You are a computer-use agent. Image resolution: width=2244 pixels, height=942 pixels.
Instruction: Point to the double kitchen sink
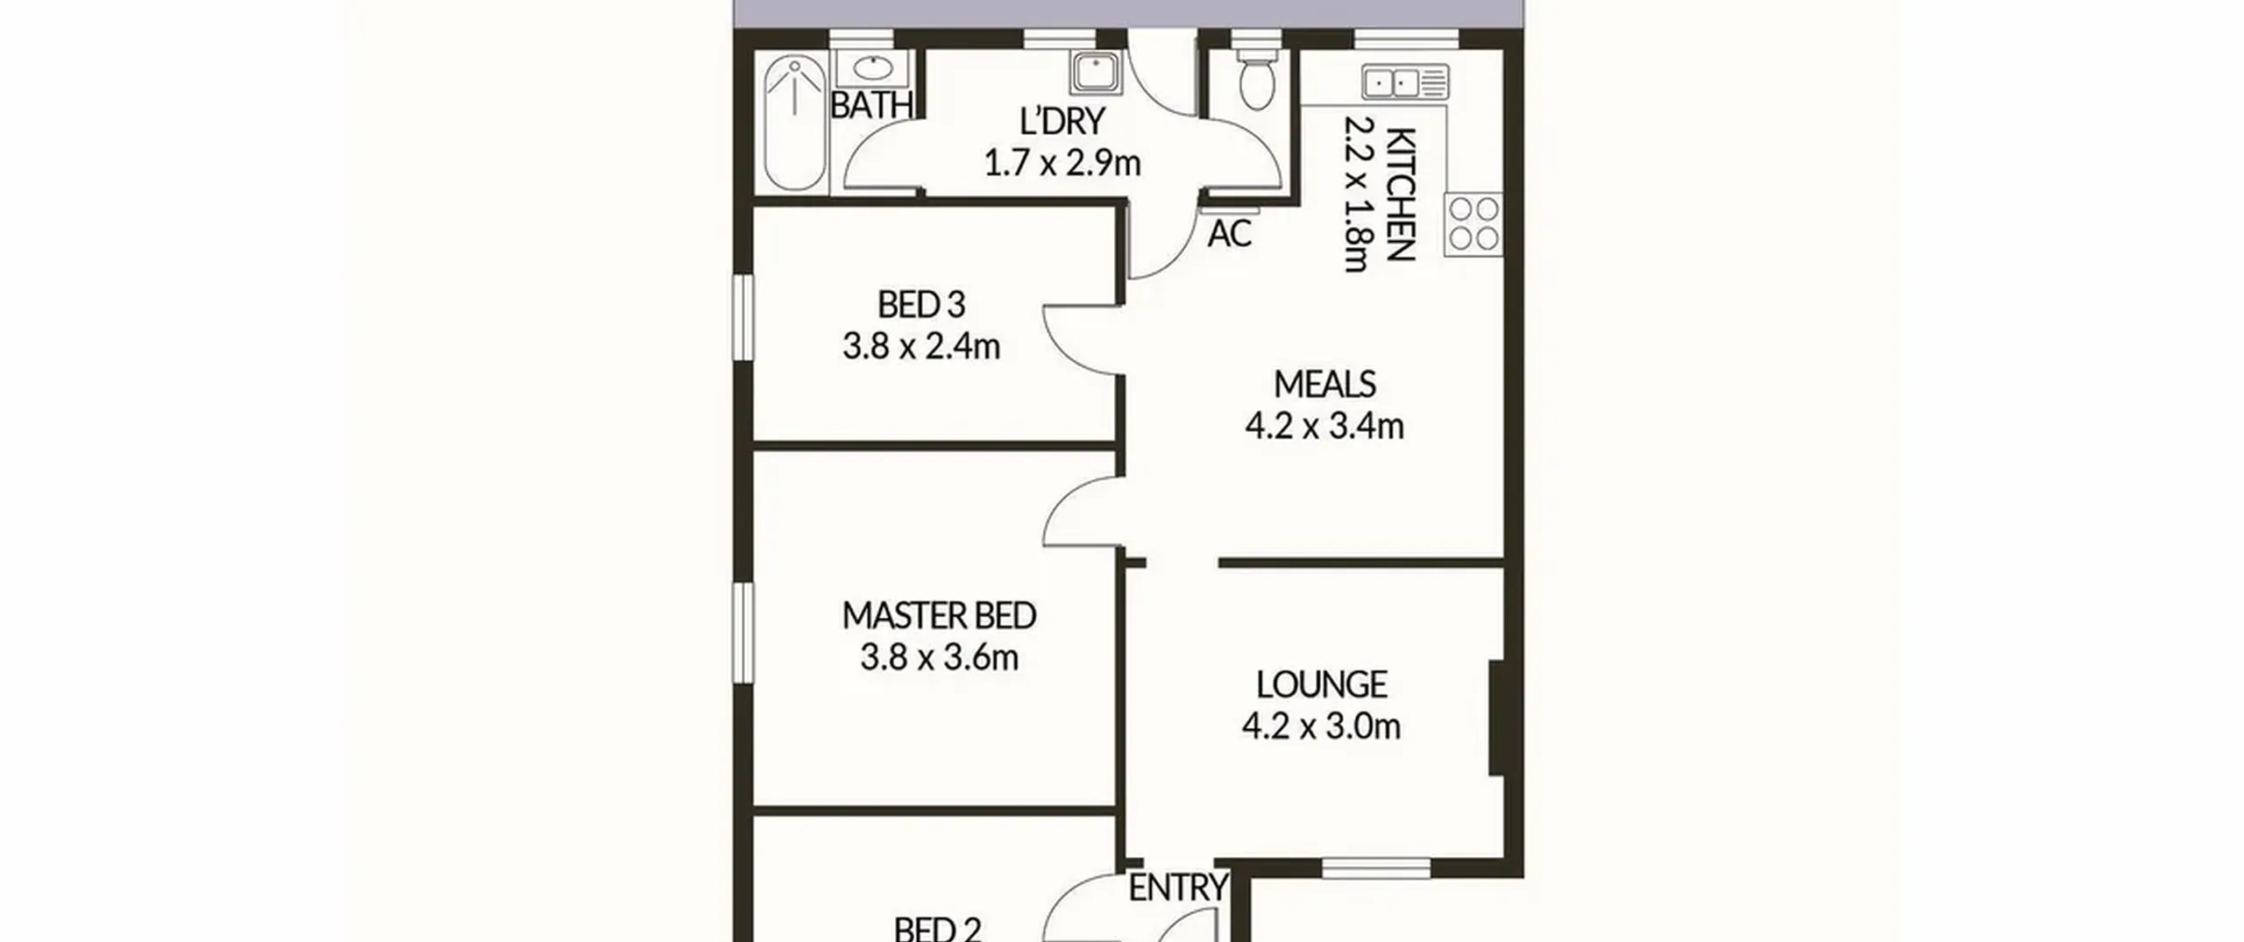pyautogui.click(x=1405, y=83)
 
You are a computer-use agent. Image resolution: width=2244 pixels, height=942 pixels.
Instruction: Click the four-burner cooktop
pyautogui.click(x=1474, y=224)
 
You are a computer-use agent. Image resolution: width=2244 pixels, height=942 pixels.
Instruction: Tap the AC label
pyautogui.click(x=1229, y=234)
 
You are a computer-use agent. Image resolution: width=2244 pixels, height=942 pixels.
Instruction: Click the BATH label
pyautogui.click(x=871, y=106)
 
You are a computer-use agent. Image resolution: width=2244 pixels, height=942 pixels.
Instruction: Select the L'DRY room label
pyautogui.click(x=1062, y=121)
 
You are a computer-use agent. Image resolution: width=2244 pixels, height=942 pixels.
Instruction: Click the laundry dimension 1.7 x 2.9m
pyautogui.click(x=1062, y=163)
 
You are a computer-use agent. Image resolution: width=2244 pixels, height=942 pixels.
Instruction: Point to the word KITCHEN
pyautogui.click(x=1401, y=195)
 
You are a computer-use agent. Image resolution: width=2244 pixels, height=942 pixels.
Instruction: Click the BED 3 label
pyautogui.click(x=921, y=305)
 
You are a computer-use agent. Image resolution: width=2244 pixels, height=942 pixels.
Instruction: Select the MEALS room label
pyautogui.click(x=1324, y=384)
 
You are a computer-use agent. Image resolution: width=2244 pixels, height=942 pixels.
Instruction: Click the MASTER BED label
pyautogui.click(x=939, y=616)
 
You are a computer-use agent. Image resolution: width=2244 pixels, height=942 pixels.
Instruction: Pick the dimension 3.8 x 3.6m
pyautogui.click(x=939, y=657)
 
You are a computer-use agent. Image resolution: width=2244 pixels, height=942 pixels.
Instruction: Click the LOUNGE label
pyautogui.click(x=1322, y=684)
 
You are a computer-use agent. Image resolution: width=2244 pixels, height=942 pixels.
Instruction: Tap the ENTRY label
pyautogui.click(x=1177, y=888)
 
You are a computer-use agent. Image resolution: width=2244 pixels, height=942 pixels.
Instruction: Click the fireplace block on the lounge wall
pyautogui.click(x=1496, y=718)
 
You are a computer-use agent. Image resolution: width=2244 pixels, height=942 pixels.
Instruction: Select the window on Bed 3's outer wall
pyautogui.click(x=743, y=316)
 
